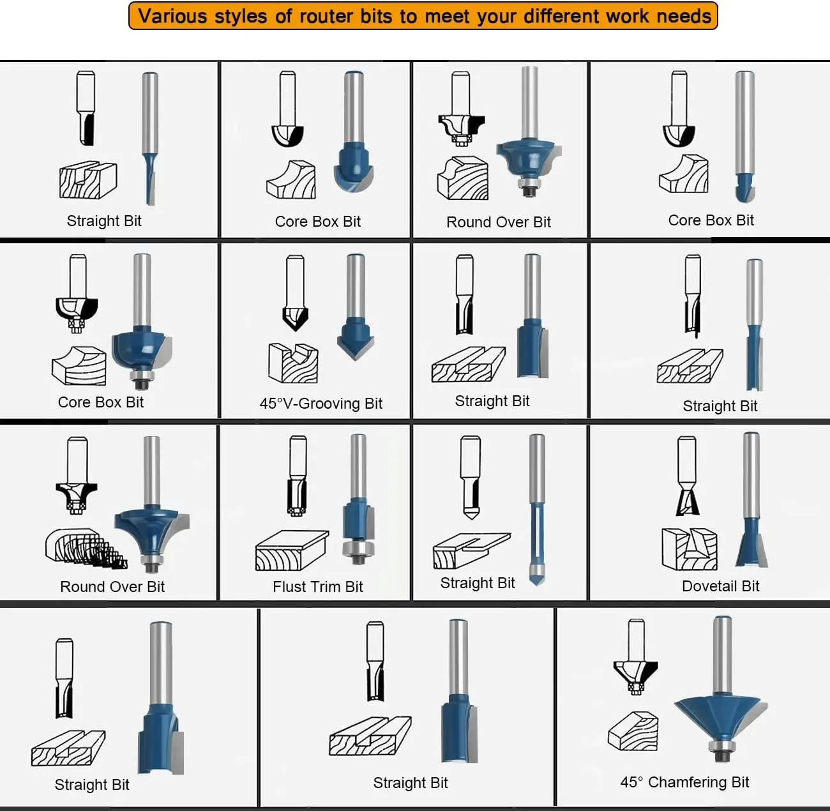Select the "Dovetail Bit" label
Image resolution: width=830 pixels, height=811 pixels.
(x=720, y=586)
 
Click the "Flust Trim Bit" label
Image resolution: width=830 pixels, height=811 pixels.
(x=318, y=587)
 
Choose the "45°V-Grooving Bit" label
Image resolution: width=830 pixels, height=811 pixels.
(x=321, y=403)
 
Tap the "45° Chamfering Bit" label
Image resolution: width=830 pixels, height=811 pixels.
(x=684, y=782)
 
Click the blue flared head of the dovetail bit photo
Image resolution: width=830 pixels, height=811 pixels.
(x=751, y=543)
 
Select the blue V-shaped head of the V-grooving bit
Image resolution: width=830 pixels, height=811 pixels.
(x=355, y=338)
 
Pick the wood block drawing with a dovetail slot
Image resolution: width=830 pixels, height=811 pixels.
(x=690, y=549)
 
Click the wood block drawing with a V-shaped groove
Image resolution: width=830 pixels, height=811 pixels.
(x=293, y=363)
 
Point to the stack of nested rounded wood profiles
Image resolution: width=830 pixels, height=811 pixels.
(x=86, y=549)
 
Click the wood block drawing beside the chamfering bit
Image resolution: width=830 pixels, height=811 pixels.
(x=633, y=731)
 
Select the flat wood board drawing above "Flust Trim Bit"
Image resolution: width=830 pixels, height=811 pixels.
(x=292, y=550)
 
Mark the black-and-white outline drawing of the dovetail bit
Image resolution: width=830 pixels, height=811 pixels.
(x=687, y=476)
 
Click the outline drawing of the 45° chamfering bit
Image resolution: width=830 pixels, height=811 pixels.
(x=635, y=657)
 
